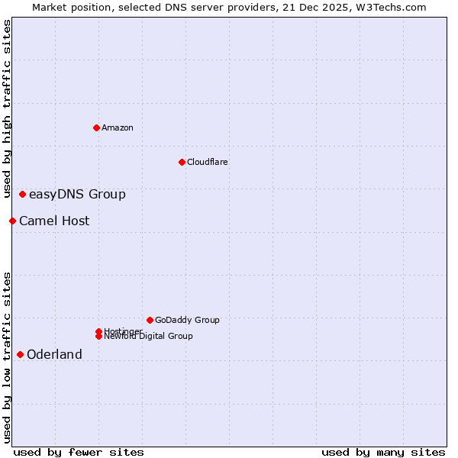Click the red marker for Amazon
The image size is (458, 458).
(96, 127)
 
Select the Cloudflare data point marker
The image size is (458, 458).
(182, 162)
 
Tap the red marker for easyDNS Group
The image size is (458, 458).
(23, 195)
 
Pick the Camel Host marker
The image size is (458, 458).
(12, 221)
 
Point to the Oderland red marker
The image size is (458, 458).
(20, 354)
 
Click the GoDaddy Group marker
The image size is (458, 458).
(150, 320)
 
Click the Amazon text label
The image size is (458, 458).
(117, 127)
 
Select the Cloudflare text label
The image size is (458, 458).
(207, 162)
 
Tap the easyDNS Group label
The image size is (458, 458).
(77, 195)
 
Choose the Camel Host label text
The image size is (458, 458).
(54, 221)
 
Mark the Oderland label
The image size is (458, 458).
(54, 355)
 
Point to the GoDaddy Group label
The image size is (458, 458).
(187, 321)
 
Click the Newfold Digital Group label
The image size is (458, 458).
(150, 337)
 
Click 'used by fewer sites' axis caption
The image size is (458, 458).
(79, 453)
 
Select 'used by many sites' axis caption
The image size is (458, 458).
(383, 453)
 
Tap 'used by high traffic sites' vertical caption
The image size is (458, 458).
(7, 108)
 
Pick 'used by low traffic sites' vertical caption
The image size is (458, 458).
(7, 357)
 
